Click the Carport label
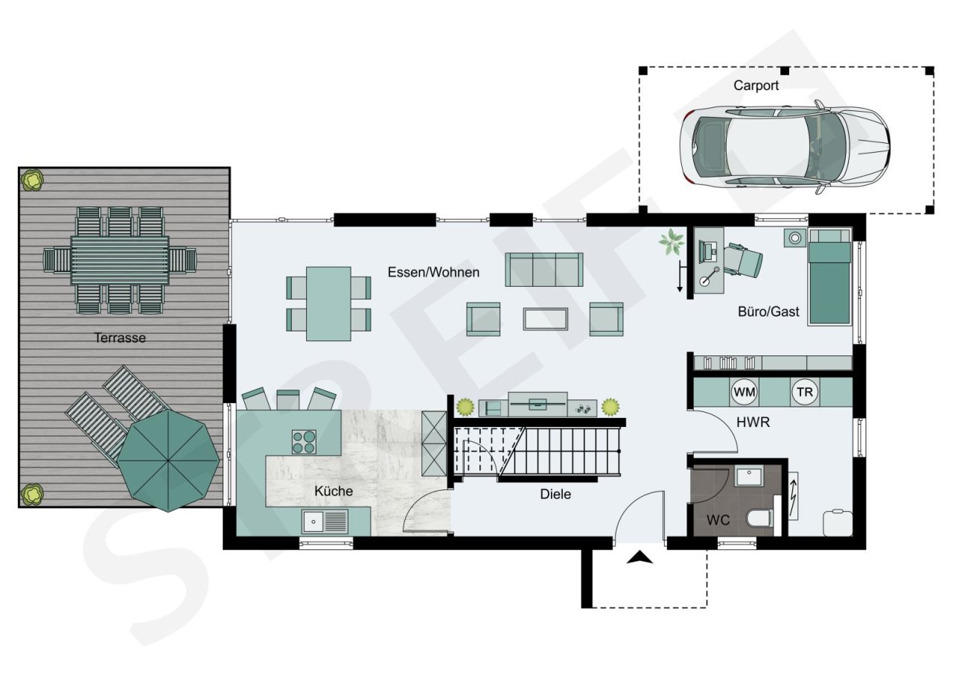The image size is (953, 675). coord(756,86)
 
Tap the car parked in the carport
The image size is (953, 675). coord(785,147)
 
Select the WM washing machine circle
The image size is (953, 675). coord(744,392)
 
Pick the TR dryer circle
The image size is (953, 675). coord(805,392)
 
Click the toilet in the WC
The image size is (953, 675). coord(760,519)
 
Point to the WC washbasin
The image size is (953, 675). coord(749,477)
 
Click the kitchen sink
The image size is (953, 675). coord(325,521)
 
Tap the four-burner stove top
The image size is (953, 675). coord(304,442)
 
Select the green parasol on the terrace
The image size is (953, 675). coord(168,460)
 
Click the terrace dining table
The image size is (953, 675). coord(120,261)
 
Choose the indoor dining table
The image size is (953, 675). coord(328,303)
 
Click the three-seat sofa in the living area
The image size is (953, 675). coord(544,270)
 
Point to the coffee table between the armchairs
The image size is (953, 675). coord(546,319)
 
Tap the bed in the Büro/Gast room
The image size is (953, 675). coord(829,276)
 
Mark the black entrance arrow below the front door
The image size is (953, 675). coord(640,557)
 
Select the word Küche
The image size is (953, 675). coord(334,491)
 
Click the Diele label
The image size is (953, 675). coord(555,494)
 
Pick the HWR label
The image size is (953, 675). coord(753,422)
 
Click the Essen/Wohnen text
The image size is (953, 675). coord(433,273)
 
